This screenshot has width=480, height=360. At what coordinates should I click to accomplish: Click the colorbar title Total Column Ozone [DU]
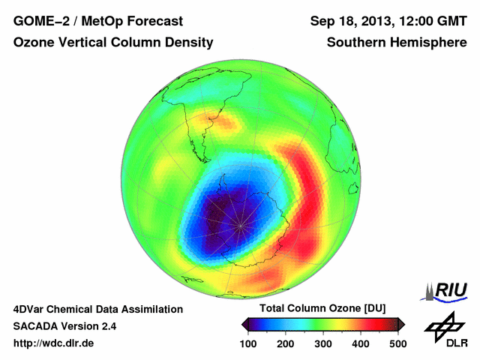(x=322, y=309)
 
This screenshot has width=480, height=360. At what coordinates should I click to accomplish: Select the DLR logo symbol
(x=443, y=325)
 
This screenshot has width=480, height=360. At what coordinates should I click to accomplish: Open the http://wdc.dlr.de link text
(x=54, y=343)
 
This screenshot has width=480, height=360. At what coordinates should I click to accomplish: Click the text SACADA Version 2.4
(x=64, y=326)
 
